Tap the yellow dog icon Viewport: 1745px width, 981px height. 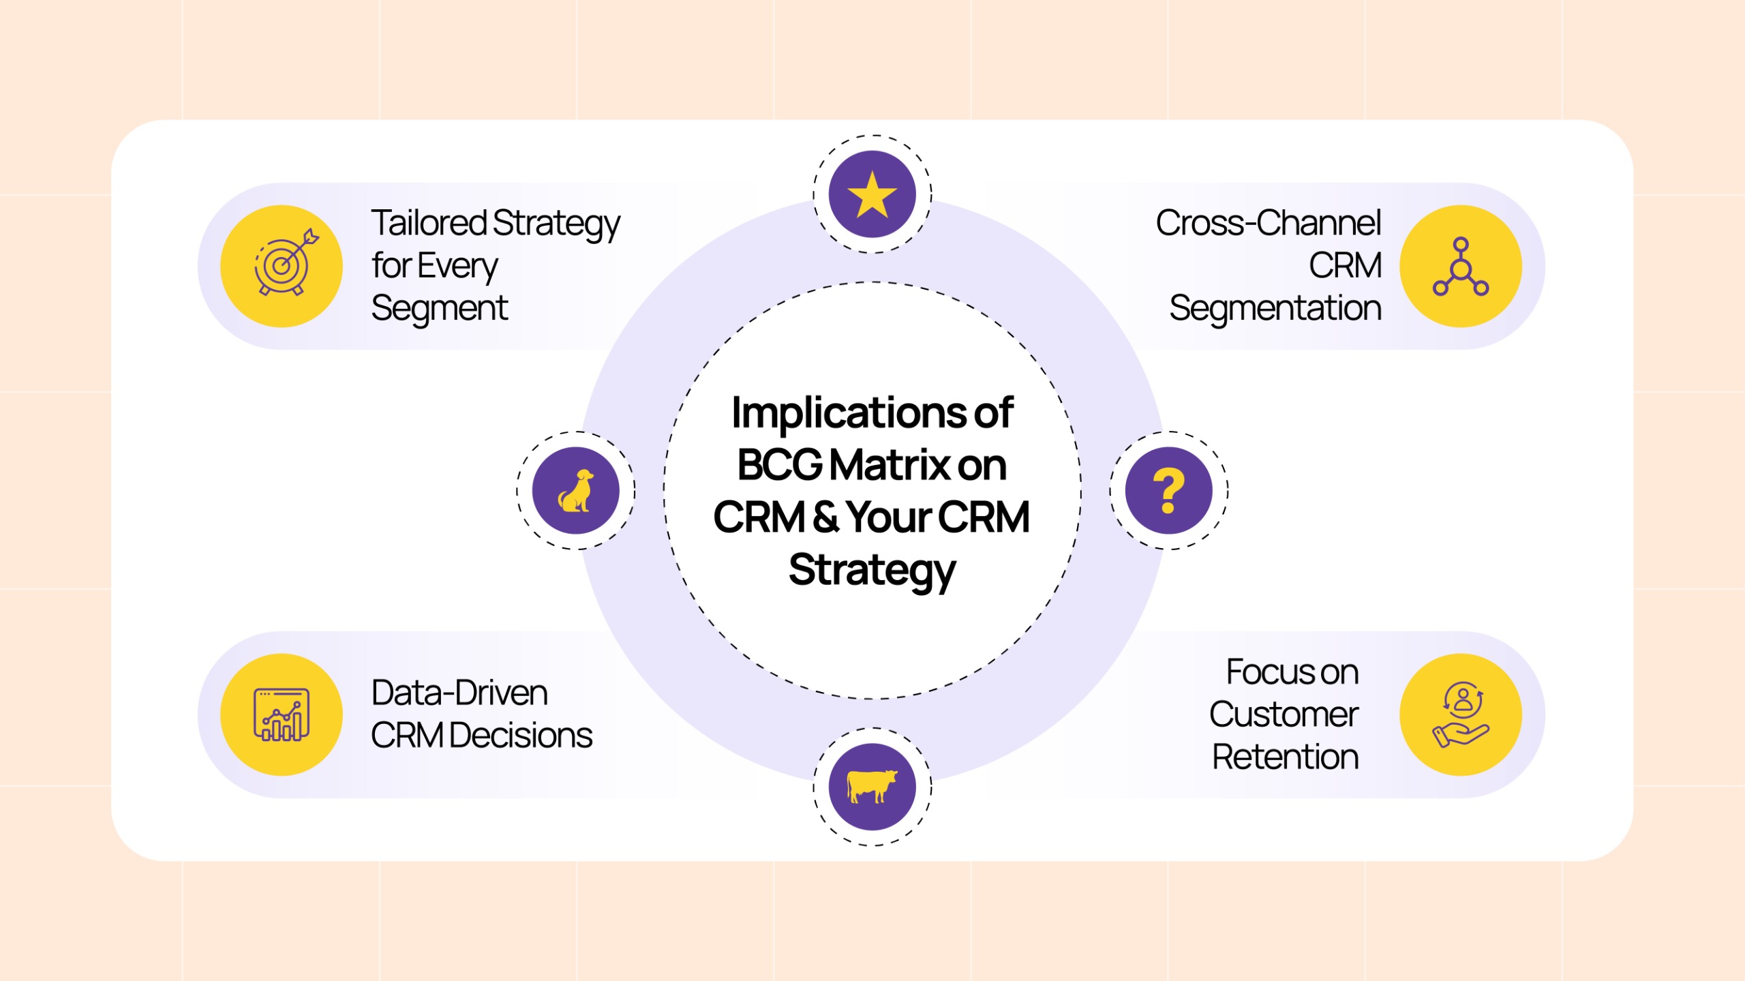pos(576,490)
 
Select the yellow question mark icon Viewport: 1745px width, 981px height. pos(1168,490)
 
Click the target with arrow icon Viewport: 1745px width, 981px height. pos(285,262)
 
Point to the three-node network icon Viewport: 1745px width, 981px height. pos(1460,267)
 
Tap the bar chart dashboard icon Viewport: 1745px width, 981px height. pos(282,714)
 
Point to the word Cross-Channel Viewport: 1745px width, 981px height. pos(1269,223)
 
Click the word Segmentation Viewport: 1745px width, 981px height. pos(1275,308)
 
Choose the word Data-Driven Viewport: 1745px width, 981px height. pos(459,693)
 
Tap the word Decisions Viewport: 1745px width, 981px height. pos(521,736)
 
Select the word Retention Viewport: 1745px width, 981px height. pos(1285,757)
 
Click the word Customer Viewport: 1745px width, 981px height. pos(1284,714)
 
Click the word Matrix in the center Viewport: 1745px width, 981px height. pos(890,465)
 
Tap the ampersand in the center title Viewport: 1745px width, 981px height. pos(825,517)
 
